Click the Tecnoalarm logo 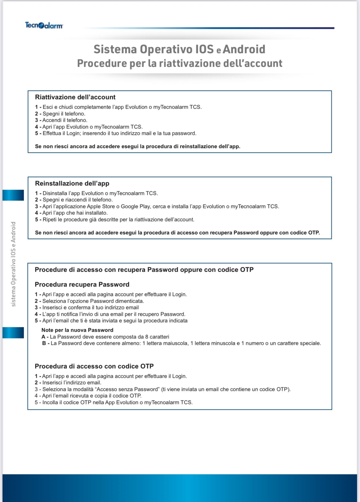click(44, 25)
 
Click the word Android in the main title click(244, 49)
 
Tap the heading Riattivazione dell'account click(75, 97)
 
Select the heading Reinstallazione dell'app click(72, 183)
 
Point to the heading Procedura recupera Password click(82, 285)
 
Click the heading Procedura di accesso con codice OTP click(94, 366)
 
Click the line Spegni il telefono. click(64, 114)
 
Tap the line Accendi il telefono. click(65, 120)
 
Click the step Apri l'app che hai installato click(75, 213)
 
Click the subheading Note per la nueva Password click(77, 330)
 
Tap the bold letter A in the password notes click(43, 337)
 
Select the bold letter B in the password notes click(44, 343)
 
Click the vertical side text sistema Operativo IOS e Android click(13, 264)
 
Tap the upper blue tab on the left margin click(13, 195)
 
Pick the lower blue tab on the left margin click(13, 333)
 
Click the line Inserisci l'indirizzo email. click(72, 383)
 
